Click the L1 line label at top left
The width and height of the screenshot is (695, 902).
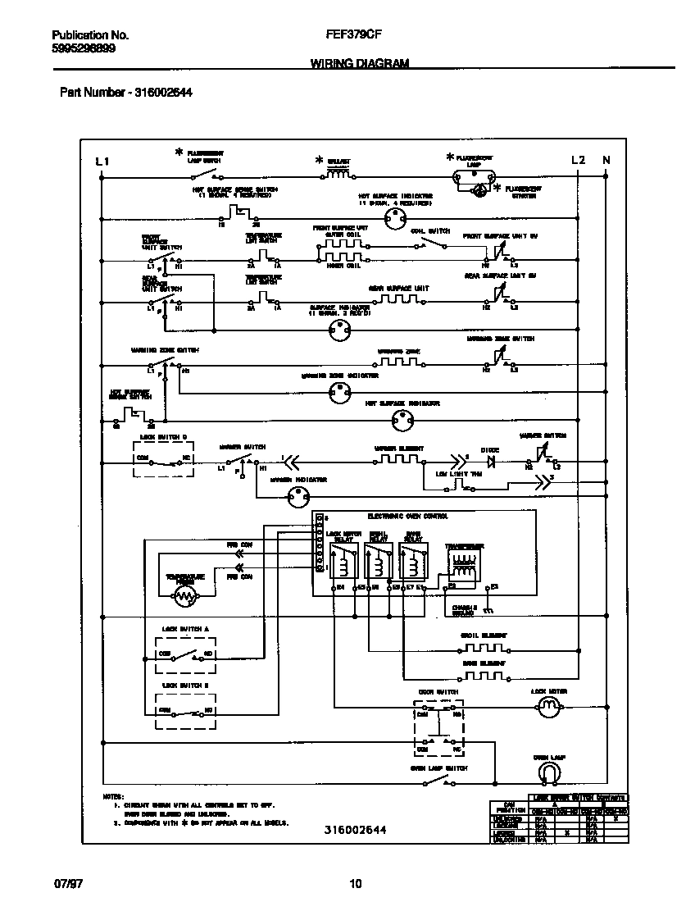102,161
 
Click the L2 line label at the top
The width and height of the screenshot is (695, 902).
578,161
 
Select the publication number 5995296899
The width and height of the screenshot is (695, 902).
84,48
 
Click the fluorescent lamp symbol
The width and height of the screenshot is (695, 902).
475,175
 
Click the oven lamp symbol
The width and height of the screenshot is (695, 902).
549,772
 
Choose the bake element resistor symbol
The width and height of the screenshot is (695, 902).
484,676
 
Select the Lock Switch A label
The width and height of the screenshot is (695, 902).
185,629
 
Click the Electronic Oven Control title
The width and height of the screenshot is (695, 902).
407,517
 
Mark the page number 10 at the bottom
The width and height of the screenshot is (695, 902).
355,883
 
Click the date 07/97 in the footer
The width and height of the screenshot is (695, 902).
66,883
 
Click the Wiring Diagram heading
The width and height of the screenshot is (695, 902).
359,63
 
